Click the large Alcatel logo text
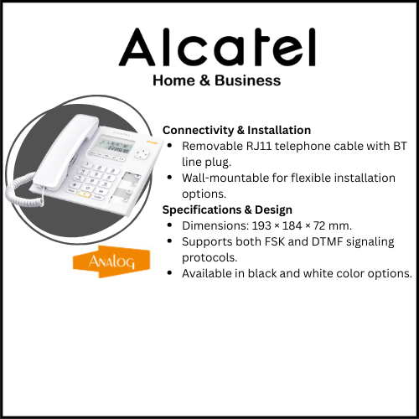(x=217, y=48)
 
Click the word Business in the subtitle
(x=247, y=81)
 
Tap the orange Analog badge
(x=100, y=261)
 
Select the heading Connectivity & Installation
(x=236, y=130)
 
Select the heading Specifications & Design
(x=226, y=209)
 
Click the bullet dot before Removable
(x=171, y=146)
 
